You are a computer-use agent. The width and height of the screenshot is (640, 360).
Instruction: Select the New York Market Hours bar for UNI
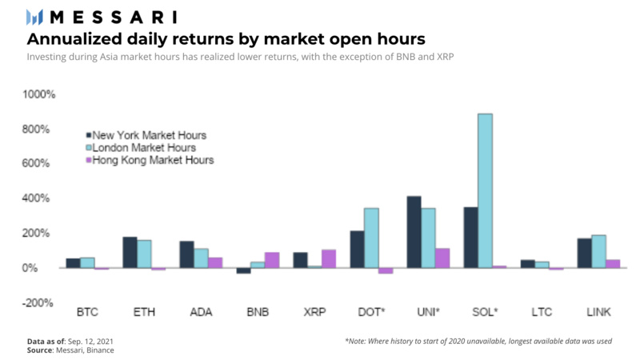(x=414, y=232)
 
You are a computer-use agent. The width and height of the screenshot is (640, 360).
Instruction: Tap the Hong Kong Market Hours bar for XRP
(x=328, y=258)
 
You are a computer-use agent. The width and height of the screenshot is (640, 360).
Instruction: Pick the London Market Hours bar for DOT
(x=371, y=238)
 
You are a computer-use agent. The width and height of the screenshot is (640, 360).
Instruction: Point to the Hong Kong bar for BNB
(x=272, y=260)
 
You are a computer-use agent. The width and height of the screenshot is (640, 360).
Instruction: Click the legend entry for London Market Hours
(x=144, y=147)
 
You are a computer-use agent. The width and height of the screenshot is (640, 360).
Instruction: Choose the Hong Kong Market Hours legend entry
(x=153, y=160)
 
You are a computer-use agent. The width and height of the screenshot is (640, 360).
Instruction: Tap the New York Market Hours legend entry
(x=149, y=135)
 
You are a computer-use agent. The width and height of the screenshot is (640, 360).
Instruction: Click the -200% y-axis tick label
(x=38, y=302)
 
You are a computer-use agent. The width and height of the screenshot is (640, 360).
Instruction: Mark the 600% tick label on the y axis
(x=40, y=163)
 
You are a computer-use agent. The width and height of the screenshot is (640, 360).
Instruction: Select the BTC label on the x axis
(x=87, y=311)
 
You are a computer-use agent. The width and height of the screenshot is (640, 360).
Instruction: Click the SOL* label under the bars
(x=485, y=311)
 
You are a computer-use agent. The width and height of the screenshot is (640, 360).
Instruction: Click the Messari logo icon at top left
(x=34, y=17)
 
